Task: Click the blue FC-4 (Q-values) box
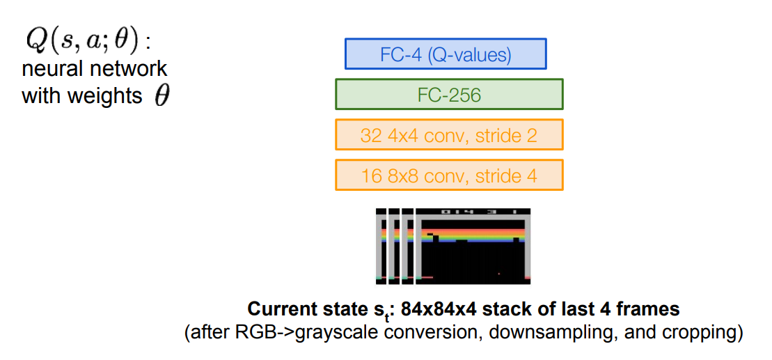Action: click(446, 54)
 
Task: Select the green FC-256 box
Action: click(449, 95)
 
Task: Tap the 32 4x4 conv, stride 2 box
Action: click(449, 135)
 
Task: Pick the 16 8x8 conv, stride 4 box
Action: click(449, 175)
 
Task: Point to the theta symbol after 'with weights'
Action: click(162, 96)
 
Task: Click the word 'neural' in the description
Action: click(52, 69)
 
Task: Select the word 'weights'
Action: click(107, 95)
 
